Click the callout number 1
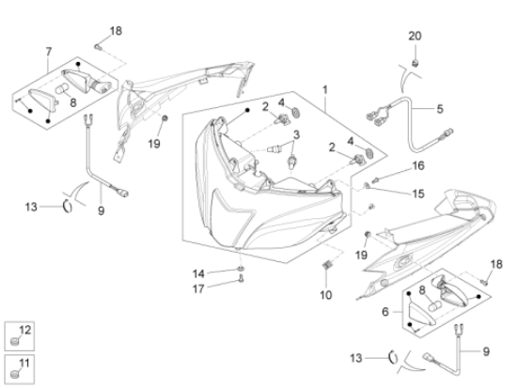pyautogui.click(x=325, y=89)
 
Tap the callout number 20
pyautogui.click(x=415, y=36)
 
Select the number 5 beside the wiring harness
pyautogui.click(x=440, y=109)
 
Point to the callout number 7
pyautogui.click(x=49, y=52)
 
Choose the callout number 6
pyautogui.click(x=385, y=312)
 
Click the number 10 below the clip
pyautogui.click(x=326, y=295)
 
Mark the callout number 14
pyautogui.click(x=198, y=273)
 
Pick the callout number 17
pyautogui.click(x=198, y=288)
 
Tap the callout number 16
pyautogui.click(x=418, y=165)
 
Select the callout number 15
pyautogui.click(x=418, y=194)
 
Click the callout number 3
pyautogui.click(x=296, y=135)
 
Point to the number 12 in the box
pyautogui.click(x=24, y=330)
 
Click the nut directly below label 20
pyautogui.click(x=415, y=62)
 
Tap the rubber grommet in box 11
pyautogui.click(x=14, y=375)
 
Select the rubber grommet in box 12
pyautogui.click(x=14, y=342)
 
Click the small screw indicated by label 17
pyautogui.click(x=241, y=280)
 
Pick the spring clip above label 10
pyautogui.click(x=326, y=265)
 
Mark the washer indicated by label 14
pyautogui.click(x=241, y=268)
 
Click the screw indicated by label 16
pyautogui.click(x=375, y=180)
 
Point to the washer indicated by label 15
pyautogui.click(x=367, y=186)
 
